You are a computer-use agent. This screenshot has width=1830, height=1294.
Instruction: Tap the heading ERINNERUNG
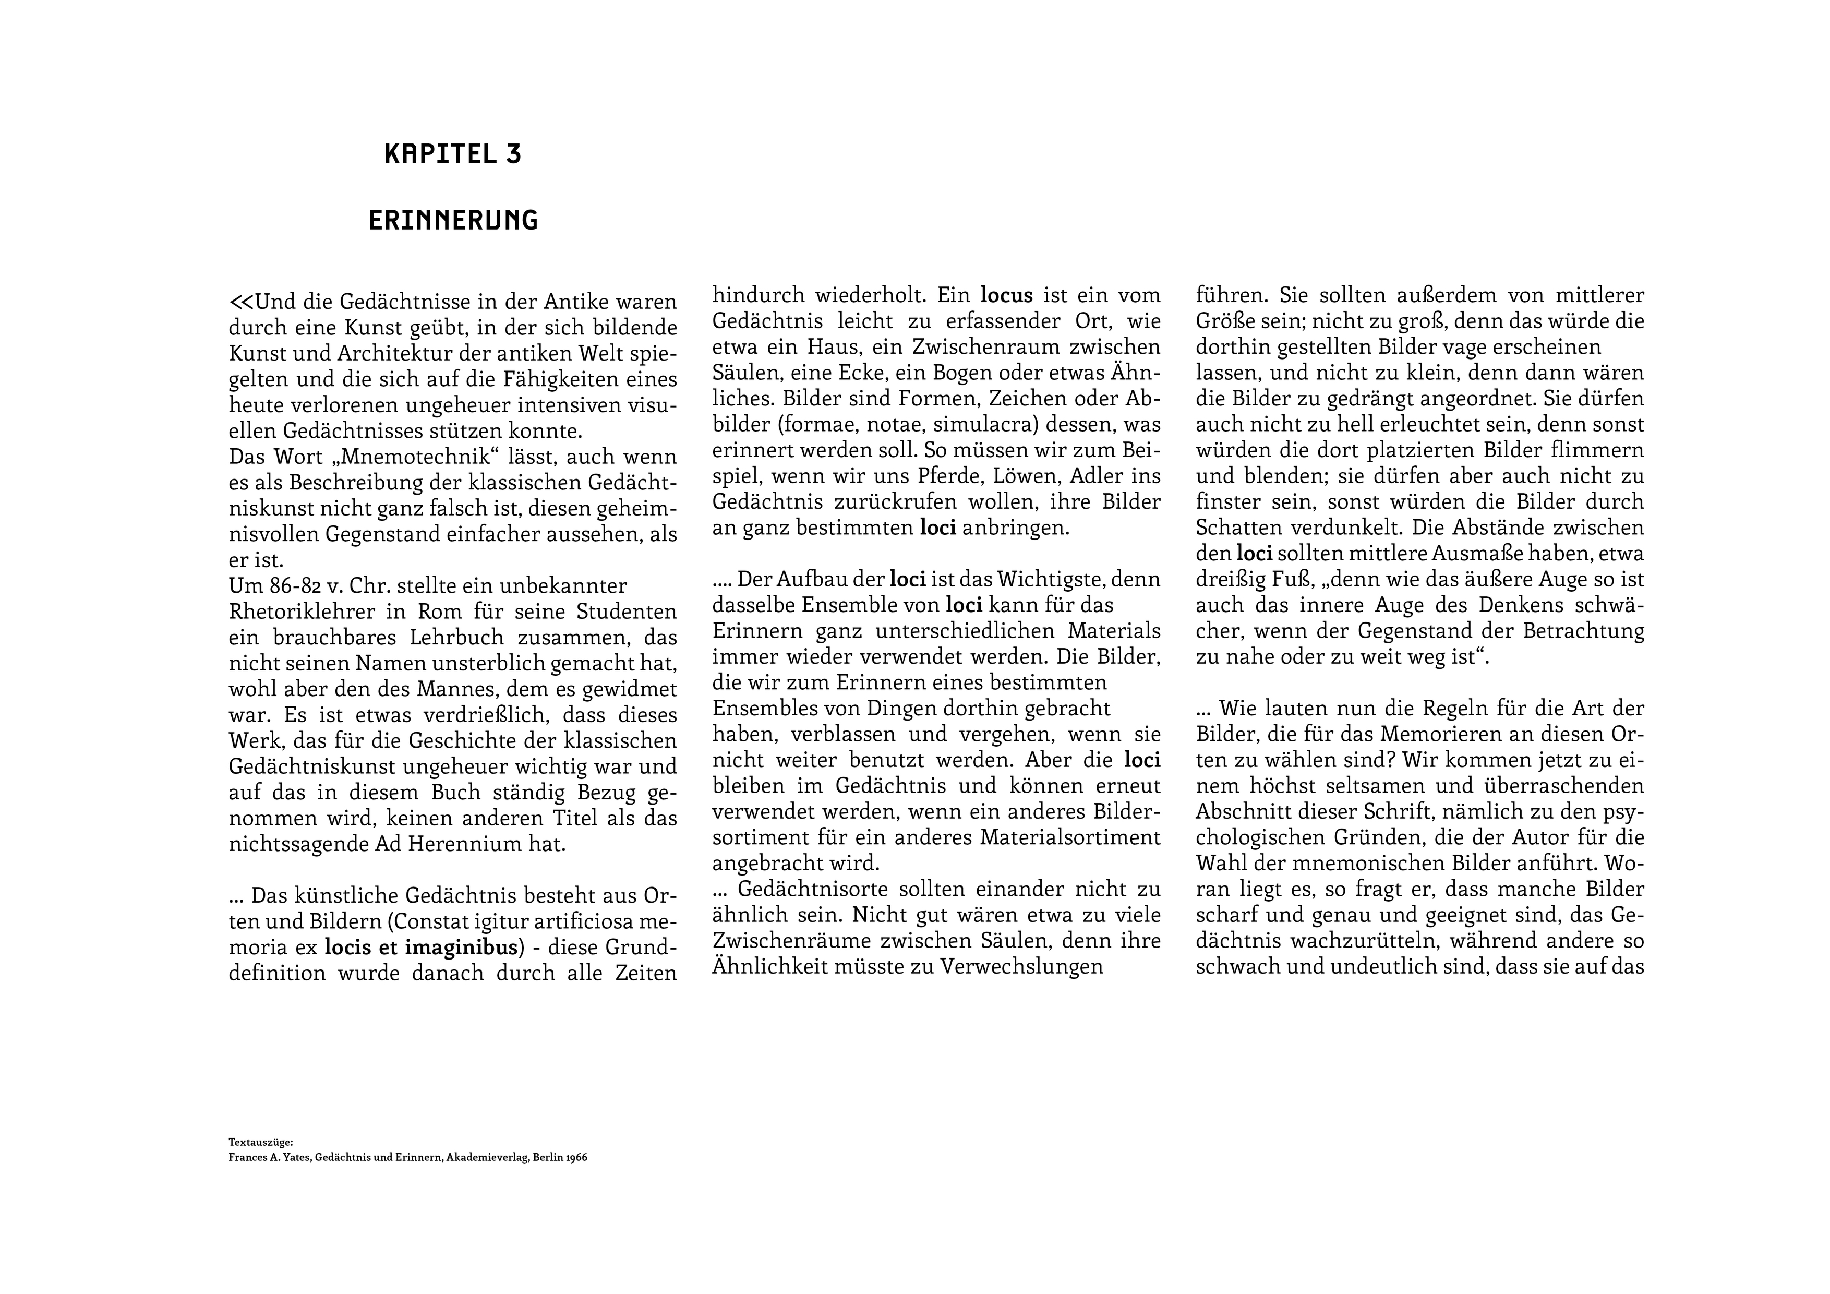[x=453, y=220]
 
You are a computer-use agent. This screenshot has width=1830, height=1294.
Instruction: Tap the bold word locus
[x=1007, y=296]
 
